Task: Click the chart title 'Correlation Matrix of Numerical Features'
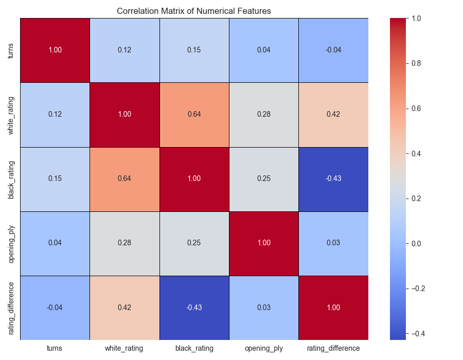click(x=194, y=11)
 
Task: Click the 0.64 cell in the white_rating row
click(x=194, y=114)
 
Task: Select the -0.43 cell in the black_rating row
click(x=333, y=179)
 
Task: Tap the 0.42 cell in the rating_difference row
click(x=124, y=308)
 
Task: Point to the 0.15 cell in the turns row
click(x=194, y=50)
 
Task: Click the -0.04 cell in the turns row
click(x=333, y=50)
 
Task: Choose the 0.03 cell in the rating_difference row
click(x=264, y=308)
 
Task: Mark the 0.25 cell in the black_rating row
click(x=264, y=179)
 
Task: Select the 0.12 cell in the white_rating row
click(x=55, y=114)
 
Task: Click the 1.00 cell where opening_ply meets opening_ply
click(x=264, y=243)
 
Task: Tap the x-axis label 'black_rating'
click(x=194, y=348)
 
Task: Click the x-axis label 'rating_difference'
click(x=333, y=348)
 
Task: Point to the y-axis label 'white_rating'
click(x=11, y=114)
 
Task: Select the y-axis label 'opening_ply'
click(x=11, y=243)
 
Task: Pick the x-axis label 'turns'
click(x=55, y=348)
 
